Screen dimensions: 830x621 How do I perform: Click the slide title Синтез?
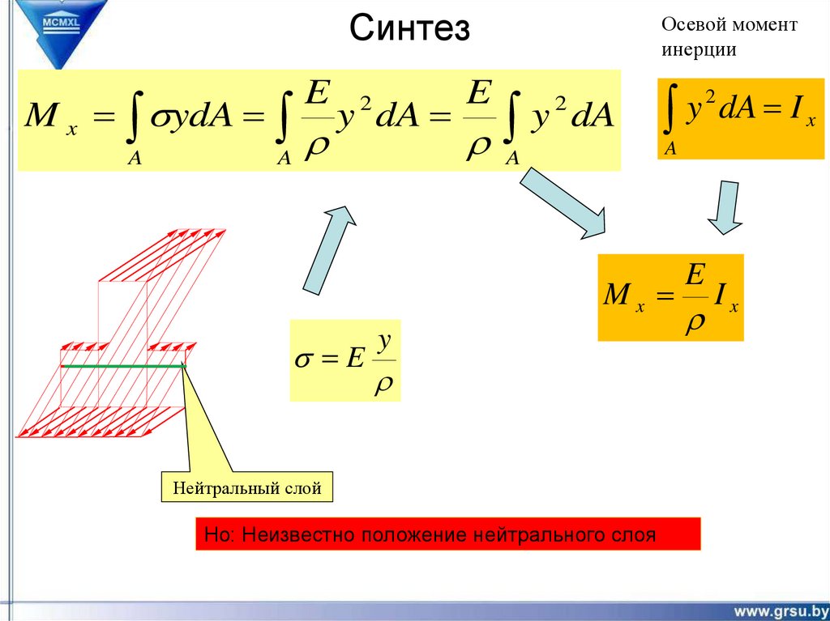pyautogui.click(x=410, y=30)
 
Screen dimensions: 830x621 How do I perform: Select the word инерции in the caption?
pyautogui.click(x=698, y=49)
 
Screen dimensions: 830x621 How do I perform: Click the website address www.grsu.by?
pyautogui.click(x=781, y=610)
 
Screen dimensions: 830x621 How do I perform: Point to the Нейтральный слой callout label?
pyautogui.click(x=247, y=488)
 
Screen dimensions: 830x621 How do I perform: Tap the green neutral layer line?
pyautogui.click(x=122, y=367)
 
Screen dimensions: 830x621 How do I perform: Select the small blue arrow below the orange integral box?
pyautogui.click(x=724, y=206)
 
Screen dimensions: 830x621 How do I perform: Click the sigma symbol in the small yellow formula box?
pyautogui.click(x=303, y=359)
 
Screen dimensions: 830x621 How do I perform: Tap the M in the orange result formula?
pyautogui.click(x=618, y=296)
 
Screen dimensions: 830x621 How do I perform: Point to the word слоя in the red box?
pyautogui.click(x=633, y=535)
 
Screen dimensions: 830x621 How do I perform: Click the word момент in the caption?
pyautogui.click(x=764, y=25)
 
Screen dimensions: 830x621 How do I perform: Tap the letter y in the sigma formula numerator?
pyautogui.click(x=386, y=342)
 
